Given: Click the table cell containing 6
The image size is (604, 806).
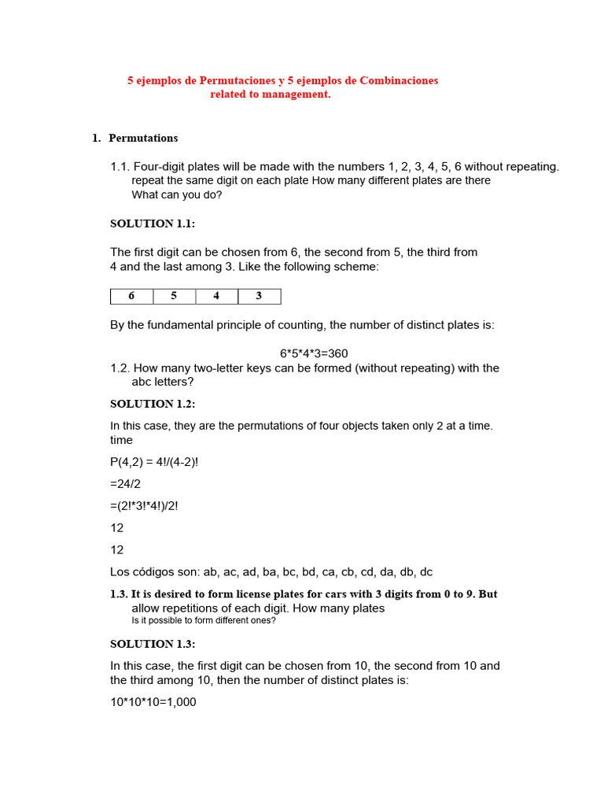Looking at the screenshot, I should (131, 297).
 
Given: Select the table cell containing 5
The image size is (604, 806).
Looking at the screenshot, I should (174, 297).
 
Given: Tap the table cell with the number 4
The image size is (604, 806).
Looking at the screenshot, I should (216, 297).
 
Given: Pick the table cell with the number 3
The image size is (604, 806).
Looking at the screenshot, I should (259, 297).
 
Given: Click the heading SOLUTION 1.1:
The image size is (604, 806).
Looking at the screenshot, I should (153, 224).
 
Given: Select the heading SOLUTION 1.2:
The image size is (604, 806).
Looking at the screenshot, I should (153, 404).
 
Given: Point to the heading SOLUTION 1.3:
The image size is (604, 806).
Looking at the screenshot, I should (153, 644).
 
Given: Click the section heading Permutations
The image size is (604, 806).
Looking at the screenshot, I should (143, 139).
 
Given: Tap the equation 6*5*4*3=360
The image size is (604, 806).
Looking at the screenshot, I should (314, 353).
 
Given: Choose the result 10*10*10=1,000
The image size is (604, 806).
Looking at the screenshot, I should (153, 701).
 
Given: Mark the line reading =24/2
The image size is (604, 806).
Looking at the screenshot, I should (126, 484).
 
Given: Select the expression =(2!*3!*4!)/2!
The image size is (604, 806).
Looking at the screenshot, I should (144, 506).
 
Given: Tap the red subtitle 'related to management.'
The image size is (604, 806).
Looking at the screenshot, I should (271, 94).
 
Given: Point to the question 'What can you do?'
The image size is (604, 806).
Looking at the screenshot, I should (177, 194).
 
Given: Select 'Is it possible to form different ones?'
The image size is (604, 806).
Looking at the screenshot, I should (204, 620).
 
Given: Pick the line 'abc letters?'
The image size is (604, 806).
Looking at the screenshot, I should (163, 382).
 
